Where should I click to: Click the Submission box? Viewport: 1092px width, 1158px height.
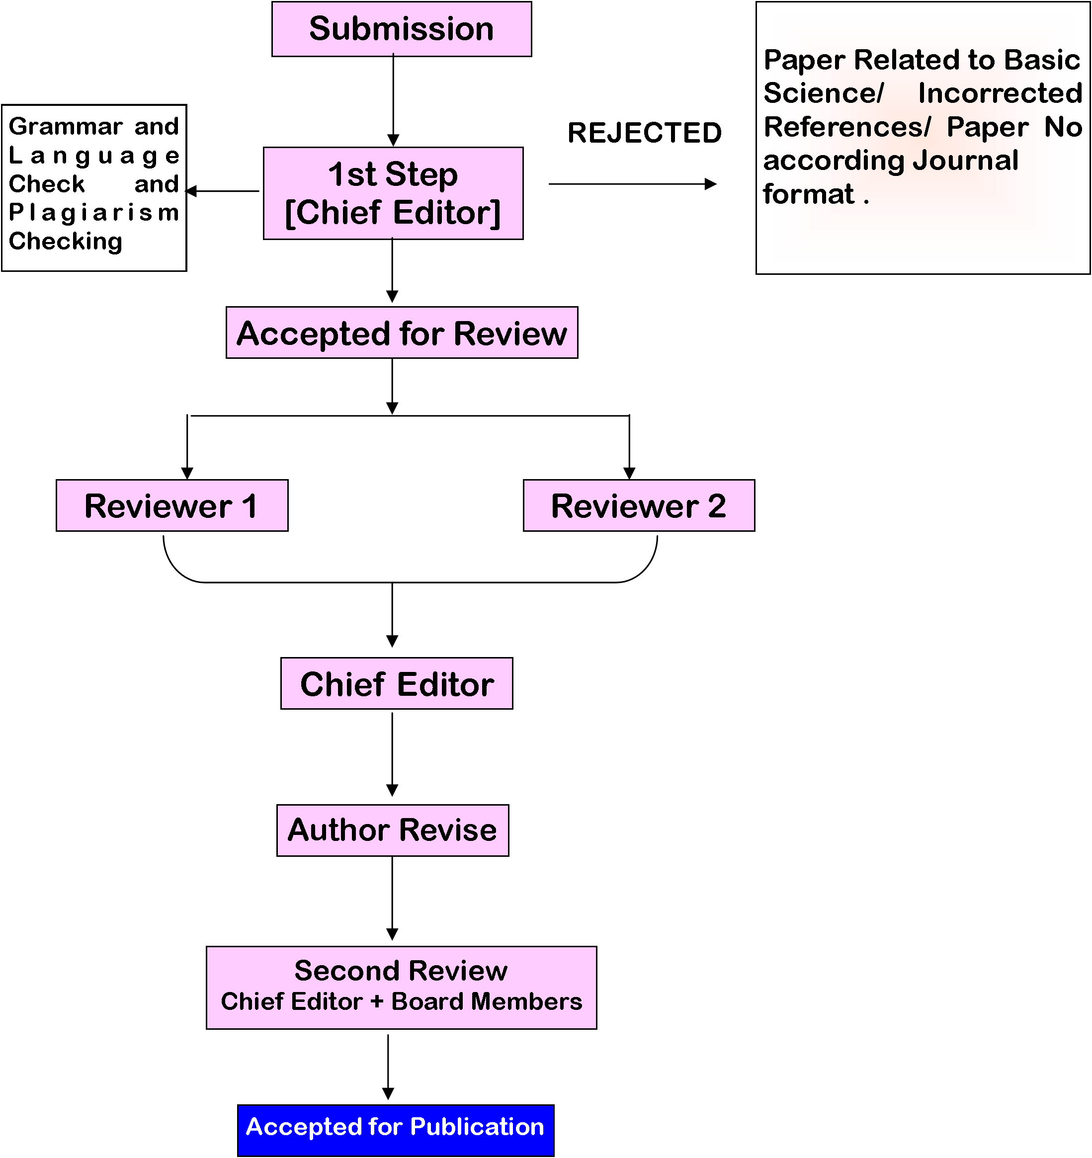coord(401,29)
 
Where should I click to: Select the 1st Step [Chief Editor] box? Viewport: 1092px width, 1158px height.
coord(393,193)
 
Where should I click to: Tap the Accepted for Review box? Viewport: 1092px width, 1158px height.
coord(402,332)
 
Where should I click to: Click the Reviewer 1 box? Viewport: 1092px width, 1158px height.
coord(172,505)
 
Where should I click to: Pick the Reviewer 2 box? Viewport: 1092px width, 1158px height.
coord(639,505)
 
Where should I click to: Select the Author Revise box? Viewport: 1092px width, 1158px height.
coord(393,830)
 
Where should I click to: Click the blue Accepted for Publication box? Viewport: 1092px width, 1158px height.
coord(396,1130)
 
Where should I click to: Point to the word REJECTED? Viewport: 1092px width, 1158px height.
coord(644,133)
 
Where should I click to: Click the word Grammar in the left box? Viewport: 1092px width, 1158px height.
coord(65,126)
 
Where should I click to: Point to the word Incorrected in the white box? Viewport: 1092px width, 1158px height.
coord(1000,93)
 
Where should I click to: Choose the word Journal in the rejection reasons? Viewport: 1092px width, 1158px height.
coord(965,160)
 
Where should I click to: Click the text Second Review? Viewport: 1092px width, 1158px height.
coord(401,971)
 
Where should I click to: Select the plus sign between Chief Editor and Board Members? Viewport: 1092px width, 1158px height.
coord(377,1001)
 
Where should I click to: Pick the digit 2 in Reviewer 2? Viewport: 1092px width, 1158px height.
coord(716,505)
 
